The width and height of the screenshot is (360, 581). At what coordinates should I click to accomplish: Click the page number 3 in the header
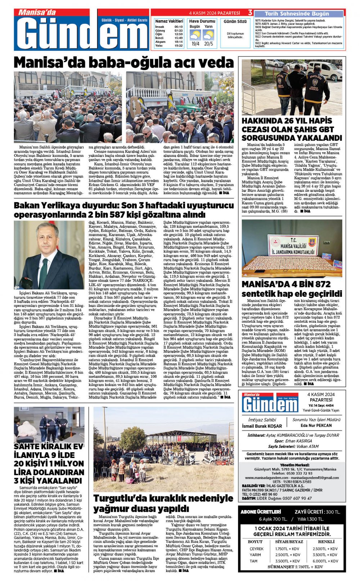pos(250,13)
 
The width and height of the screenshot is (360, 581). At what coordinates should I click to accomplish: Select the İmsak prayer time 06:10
pos(179,27)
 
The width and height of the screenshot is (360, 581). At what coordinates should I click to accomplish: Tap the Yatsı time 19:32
pos(179,46)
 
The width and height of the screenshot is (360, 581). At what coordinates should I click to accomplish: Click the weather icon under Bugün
pos(195,35)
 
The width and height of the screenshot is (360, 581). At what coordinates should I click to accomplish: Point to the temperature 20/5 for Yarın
pos(208,44)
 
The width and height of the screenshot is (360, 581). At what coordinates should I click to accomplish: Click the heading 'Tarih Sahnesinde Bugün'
pos(297,14)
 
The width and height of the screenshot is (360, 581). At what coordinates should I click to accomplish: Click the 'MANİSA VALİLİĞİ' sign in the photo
pos(293,246)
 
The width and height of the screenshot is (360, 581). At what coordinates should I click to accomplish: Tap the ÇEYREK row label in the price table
pos(256,549)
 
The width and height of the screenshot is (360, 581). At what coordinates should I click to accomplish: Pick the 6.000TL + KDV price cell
pos(325,561)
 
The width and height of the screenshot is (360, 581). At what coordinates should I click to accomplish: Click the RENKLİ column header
pos(326,542)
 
